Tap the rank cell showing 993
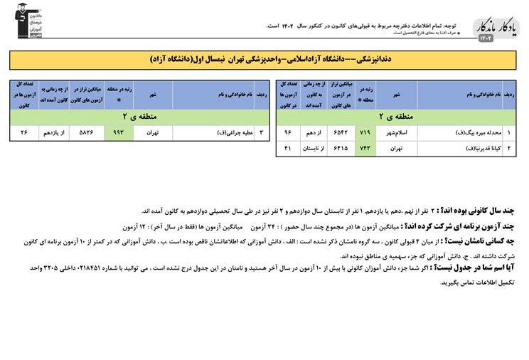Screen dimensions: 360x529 pyautogui.click(x=119, y=132)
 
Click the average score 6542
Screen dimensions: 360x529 pyautogui.click(x=341, y=132)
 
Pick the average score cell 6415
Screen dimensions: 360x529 pyautogui.click(x=341, y=148)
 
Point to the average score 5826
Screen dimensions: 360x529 pyautogui.click(x=87, y=132)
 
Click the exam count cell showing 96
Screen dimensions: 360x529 pyautogui.click(x=288, y=132)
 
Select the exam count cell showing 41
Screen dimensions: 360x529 pyautogui.click(x=288, y=148)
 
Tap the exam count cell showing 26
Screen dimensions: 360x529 pyautogui.click(x=24, y=132)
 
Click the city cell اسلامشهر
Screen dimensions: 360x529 pyautogui.click(x=397, y=132)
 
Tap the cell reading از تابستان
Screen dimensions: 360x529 pyautogui.click(x=314, y=148)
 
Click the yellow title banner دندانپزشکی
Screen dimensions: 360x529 pyautogui.click(x=263, y=59)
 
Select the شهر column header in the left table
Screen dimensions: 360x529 pyautogui.click(x=153, y=94)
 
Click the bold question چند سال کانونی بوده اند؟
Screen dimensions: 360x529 pyautogui.click(x=483, y=211)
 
